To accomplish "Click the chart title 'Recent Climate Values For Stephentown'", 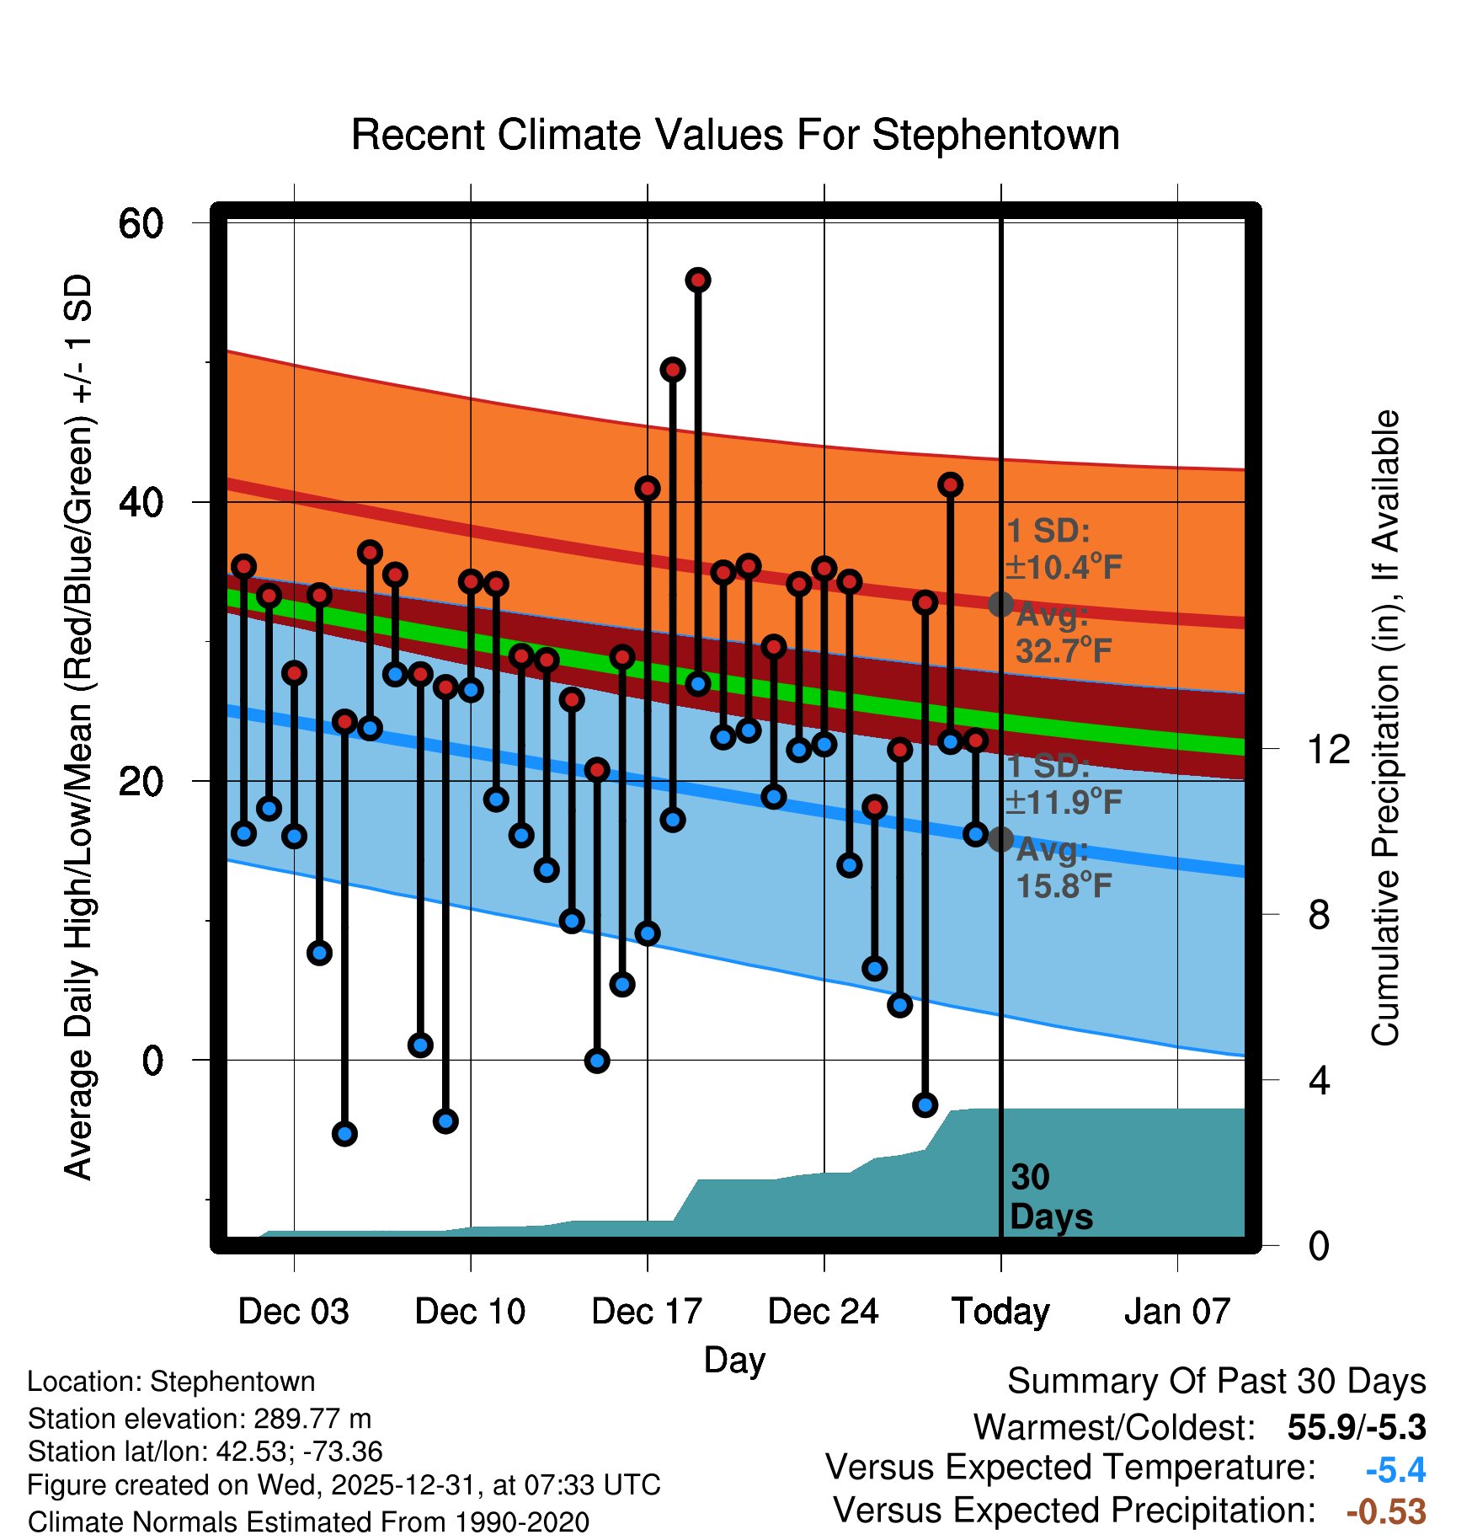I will tap(735, 136).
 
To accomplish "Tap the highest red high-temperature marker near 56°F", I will tap(697, 281).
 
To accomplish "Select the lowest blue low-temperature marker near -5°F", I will tap(344, 1134).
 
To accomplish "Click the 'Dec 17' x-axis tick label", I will tap(647, 1312).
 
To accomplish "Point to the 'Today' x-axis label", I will tap(1000, 1312).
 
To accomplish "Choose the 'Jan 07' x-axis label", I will tap(1177, 1312).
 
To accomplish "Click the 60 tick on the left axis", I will tap(141, 224).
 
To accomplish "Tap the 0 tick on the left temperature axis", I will tap(152, 1061).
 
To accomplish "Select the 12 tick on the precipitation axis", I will tap(1329, 749).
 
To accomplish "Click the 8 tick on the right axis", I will tap(1319, 915).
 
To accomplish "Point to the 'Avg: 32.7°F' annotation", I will tap(1063, 634).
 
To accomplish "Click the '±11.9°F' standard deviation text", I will tap(1064, 802).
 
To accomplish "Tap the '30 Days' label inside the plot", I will tap(1050, 1197).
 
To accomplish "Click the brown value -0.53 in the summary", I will tap(1386, 1511).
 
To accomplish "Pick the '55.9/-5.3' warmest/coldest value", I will tap(1356, 1428).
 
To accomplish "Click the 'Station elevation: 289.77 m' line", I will tap(200, 1420).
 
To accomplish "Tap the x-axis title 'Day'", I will tap(734, 1360).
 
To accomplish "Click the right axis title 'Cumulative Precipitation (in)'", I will tap(1384, 728).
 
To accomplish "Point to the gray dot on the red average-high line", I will tap(1000, 604).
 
